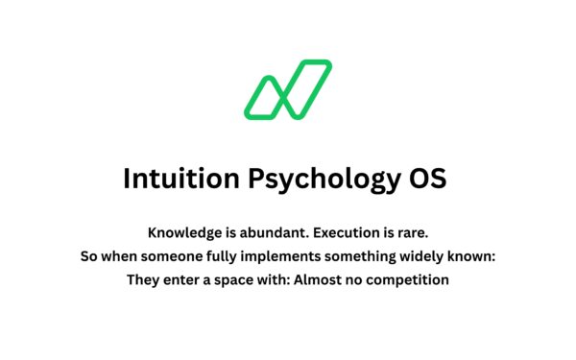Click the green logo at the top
pos(287,90)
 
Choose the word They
pos(143,281)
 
